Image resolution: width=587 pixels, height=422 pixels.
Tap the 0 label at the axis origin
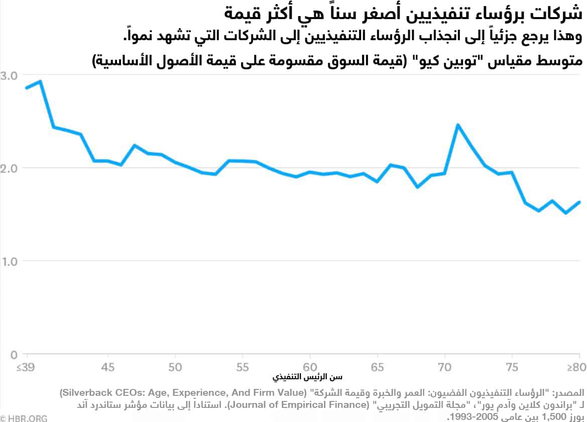point(14,355)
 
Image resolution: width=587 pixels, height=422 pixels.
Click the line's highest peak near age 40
point(40,81)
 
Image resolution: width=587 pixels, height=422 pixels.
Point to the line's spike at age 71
point(457,125)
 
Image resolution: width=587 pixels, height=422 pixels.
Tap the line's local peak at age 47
point(135,145)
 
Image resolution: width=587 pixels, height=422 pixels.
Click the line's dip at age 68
point(417,187)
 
